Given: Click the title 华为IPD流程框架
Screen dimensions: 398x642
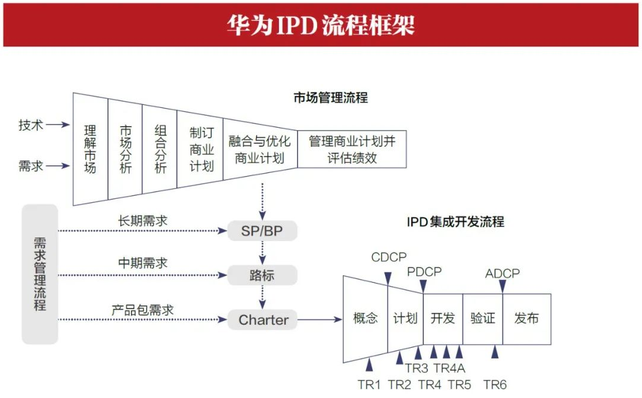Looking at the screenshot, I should (x=321, y=25).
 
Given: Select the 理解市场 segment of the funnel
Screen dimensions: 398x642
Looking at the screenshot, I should (x=90, y=149).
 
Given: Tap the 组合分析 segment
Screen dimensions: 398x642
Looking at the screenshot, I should (x=160, y=149).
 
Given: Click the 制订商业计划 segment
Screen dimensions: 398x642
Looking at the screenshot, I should (x=201, y=149).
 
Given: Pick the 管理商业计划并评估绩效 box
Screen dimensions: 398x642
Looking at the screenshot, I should (x=352, y=149).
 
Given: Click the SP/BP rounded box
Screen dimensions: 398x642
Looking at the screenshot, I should (x=262, y=230).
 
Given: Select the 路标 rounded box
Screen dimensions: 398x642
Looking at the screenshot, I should (x=262, y=275).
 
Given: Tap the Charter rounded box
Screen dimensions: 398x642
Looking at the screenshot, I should (x=263, y=320).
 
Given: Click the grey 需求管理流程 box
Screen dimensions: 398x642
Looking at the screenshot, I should (x=40, y=274).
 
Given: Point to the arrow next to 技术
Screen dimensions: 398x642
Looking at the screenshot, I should (x=58, y=125).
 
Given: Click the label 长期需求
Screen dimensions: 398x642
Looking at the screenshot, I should (x=142, y=221).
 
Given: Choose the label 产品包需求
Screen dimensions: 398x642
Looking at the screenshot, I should (x=142, y=310).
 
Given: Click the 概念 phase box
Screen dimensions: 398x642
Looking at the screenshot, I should (x=365, y=319).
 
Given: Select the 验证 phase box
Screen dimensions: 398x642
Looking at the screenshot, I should (x=482, y=319).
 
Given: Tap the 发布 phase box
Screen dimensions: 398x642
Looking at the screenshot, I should (x=526, y=319).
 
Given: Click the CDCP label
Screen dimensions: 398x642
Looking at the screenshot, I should (x=389, y=257).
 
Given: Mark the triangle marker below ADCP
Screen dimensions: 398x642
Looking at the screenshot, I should (x=503, y=286).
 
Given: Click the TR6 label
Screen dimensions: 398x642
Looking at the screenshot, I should (x=495, y=385).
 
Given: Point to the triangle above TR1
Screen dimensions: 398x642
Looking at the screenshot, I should (x=369, y=365).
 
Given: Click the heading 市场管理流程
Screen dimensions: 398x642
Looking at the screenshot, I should (x=330, y=98).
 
